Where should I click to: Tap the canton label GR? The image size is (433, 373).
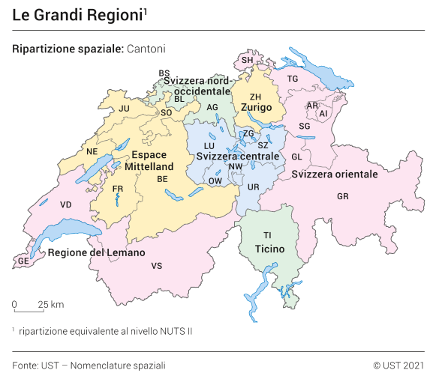343,196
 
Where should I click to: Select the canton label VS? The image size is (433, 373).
156,266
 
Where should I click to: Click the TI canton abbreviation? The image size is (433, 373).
268,235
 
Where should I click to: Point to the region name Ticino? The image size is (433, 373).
269,248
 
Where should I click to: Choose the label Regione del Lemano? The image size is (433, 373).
96,253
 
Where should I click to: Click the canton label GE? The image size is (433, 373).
23,261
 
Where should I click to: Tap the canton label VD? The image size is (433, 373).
66,204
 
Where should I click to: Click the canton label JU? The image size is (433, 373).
125,109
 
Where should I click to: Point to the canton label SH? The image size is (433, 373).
247,60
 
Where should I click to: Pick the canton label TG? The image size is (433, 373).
293,79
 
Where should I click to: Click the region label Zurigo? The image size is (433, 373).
256,108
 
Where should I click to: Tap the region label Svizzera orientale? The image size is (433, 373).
335,175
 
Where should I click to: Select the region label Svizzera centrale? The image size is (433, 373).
238,157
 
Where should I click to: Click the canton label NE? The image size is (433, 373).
92,151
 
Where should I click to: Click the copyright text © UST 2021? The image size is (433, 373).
398,365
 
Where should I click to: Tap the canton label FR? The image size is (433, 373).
118,189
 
